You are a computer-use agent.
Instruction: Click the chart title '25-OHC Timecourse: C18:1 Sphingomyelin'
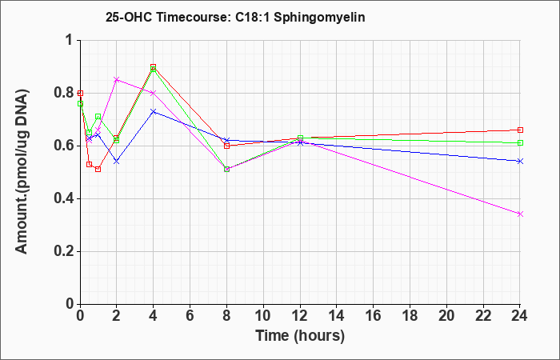(x=235, y=17)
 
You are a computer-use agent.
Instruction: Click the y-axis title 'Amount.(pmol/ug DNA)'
(x=22, y=171)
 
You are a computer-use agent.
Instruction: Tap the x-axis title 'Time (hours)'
(x=300, y=336)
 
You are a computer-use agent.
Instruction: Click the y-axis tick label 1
(x=71, y=40)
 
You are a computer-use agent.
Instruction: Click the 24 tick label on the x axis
(x=520, y=316)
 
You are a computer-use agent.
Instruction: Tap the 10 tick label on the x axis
(x=263, y=316)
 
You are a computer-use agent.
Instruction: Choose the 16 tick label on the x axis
(x=374, y=316)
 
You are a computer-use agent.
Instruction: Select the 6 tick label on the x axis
(x=190, y=316)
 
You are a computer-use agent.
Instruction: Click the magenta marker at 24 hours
(x=520, y=214)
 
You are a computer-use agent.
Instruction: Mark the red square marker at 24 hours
(x=520, y=130)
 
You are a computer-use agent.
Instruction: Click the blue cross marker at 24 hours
(x=520, y=162)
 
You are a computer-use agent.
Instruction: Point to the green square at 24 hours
(x=520, y=143)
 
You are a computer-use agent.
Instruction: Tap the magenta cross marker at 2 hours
(x=117, y=80)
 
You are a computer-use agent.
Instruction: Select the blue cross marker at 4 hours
(x=154, y=112)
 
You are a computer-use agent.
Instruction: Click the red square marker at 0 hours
(x=80, y=94)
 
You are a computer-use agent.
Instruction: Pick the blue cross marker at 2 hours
(x=117, y=162)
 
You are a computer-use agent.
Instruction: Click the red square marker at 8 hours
(x=226, y=146)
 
